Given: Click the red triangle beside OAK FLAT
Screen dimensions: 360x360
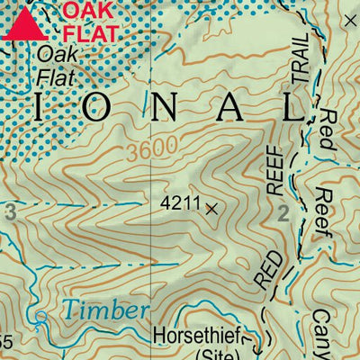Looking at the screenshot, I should pos(24,24).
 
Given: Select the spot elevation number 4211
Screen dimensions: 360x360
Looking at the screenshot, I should pos(179,204).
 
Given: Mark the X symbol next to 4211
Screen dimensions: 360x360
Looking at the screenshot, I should pos(212,209).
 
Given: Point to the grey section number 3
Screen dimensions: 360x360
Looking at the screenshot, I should pos(10,213).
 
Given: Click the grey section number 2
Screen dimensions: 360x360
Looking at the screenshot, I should pos(283,213).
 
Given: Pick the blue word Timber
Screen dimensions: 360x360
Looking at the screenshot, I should pos(106,311).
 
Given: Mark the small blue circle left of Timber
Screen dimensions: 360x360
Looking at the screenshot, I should pos(40,316).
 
